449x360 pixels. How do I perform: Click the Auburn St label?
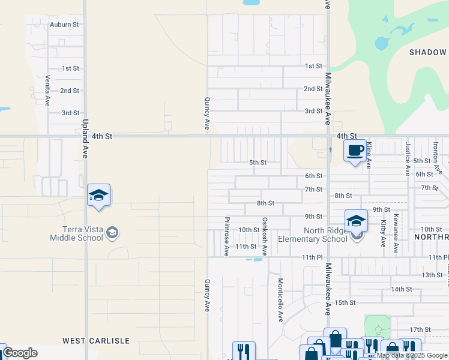(x=64, y=25)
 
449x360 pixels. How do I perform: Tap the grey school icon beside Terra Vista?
(x=112, y=233)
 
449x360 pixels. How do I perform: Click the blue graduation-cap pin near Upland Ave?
(x=98, y=196)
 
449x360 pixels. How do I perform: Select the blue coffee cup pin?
(x=355, y=150)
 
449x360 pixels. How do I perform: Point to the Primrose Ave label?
(x=227, y=236)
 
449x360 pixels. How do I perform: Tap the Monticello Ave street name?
(x=280, y=300)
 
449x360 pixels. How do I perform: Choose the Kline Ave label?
(x=369, y=155)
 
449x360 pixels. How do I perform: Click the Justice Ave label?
(x=407, y=158)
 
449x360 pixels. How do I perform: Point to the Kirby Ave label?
(x=383, y=233)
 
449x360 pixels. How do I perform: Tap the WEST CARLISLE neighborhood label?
(x=96, y=341)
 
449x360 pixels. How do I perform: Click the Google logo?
(x=19, y=353)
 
